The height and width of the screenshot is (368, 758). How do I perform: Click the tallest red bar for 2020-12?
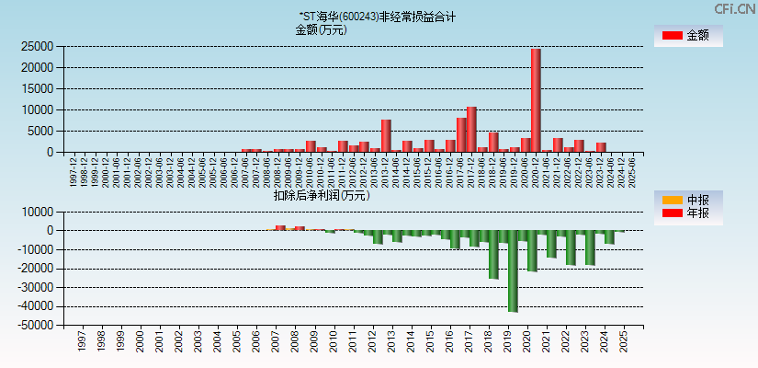point(536,100)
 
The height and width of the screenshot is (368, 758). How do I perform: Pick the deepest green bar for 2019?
point(513,271)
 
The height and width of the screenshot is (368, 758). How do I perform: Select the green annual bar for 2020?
point(532,251)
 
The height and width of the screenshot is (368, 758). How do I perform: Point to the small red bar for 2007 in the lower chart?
point(280,228)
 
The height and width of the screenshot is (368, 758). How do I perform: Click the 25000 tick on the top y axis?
point(36,46)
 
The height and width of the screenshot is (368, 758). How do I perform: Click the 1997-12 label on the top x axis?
point(73,171)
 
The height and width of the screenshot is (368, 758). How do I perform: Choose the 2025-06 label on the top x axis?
point(632,171)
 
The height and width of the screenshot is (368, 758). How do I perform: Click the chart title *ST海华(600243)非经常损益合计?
point(377,17)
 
